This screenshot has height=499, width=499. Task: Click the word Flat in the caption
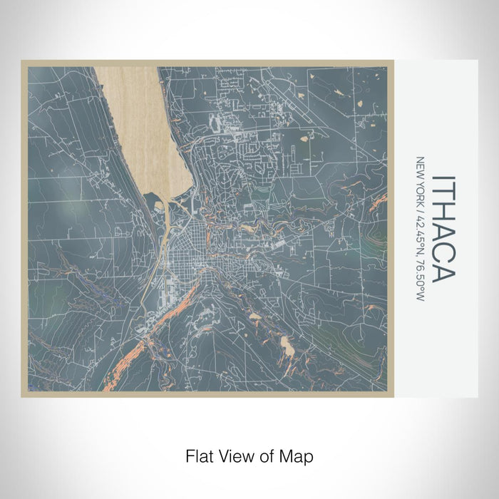pyautogui.click(x=199, y=455)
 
